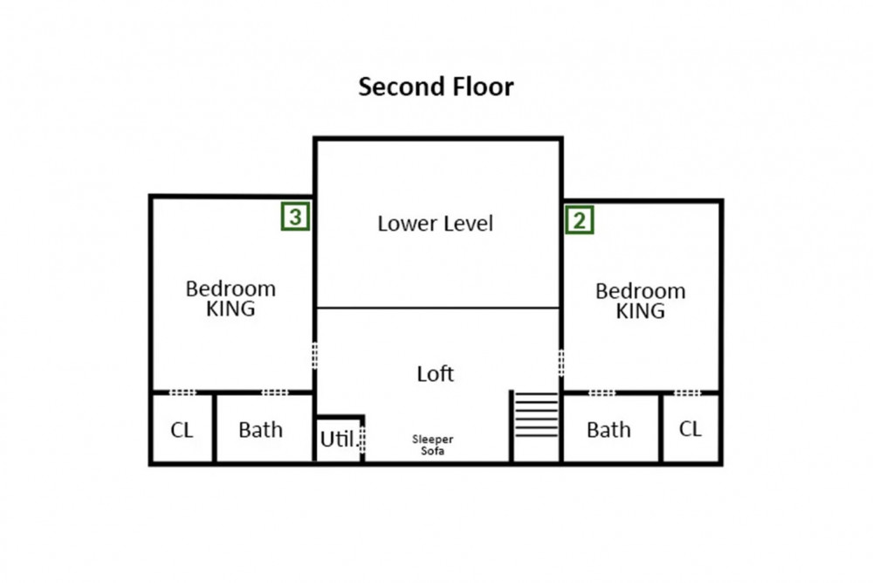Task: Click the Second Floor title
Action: (436, 87)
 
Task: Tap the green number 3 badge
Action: (295, 216)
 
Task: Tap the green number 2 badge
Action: (580, 220)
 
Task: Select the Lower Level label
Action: (436, 224)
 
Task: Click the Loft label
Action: (436, 373)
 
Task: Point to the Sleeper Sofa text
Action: (433, 445)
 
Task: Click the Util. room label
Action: (337, 439)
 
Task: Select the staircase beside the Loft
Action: (536, 414)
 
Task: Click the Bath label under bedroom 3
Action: (260, 430)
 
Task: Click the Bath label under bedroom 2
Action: (608, 430)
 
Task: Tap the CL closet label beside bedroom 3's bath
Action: (182, 430)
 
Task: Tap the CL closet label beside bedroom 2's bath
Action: (690, 428)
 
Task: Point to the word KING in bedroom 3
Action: (230, 309)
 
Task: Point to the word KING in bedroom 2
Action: (640, 311)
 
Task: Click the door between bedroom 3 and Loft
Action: (314, 356)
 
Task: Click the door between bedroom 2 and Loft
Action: (561, 362)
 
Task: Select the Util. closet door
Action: (362, 439)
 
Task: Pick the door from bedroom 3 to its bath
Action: (275, 392)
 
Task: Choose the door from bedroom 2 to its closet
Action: (688, 393)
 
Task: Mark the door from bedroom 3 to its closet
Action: (182, 392)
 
